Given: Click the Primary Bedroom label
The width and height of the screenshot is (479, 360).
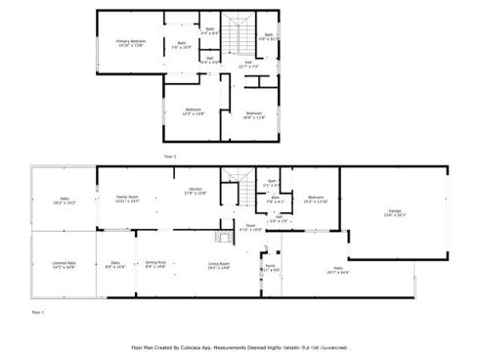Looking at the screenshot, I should (129, 41).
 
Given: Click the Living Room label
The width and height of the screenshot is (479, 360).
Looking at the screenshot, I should (218, 263).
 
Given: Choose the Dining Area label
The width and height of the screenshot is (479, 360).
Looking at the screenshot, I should (155, 262).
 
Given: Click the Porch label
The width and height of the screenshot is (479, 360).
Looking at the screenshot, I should (271, 265).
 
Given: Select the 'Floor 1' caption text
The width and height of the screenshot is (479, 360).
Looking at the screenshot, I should (38, 312).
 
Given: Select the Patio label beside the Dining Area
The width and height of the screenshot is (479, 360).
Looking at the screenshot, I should (114, 262).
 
